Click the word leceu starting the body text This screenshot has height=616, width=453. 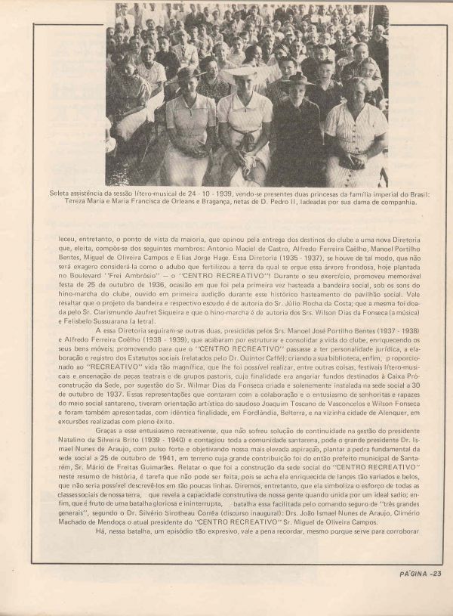pyautogui.click(x=67, y=240)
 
